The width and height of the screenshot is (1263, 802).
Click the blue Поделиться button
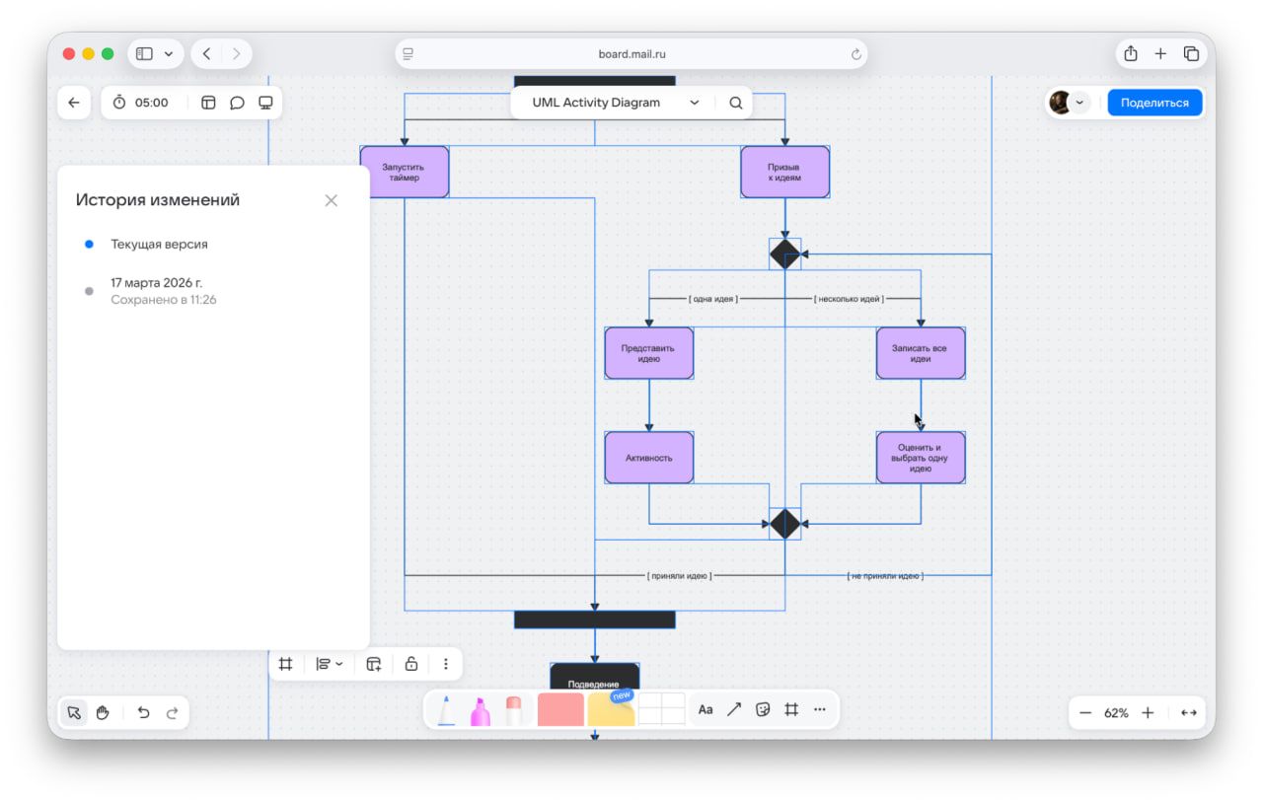click(1154, 103)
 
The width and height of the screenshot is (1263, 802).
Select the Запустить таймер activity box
click(405, 172)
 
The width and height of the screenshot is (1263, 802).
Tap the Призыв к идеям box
click(784, 172)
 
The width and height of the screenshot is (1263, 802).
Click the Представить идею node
click(648, 353)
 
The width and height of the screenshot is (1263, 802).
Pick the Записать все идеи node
click(921, 353)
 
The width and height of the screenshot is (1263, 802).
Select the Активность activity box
click(648, 458)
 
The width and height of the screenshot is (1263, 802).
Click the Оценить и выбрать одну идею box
click(921, 458)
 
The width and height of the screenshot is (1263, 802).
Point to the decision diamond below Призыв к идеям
click(784, 254)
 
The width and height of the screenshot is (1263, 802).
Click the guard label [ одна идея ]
click(712, 298)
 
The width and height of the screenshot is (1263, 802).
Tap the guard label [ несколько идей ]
click(849, 298)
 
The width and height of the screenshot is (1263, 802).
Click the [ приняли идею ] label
click(679, 575)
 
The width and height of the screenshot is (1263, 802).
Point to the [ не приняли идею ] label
click(885, 575)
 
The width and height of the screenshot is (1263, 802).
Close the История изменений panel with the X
click(331, 200)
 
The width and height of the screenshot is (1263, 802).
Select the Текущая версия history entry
click(159, 244)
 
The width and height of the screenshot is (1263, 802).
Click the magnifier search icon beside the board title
click(736, 103)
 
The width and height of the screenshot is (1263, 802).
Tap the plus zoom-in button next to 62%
click(1148, 712)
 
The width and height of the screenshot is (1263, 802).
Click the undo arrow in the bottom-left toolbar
click(144, 712)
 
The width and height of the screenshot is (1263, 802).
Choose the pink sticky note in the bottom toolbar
click(560, 709)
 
